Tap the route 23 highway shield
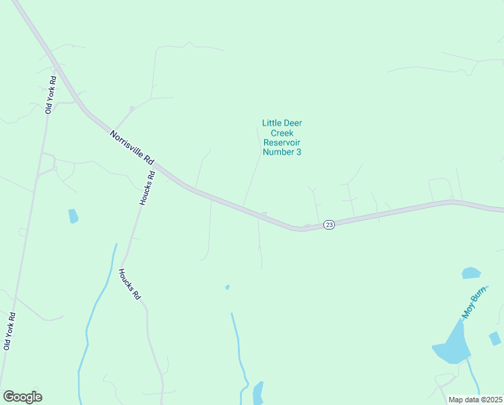point(328,225)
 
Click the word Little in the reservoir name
point(272,124)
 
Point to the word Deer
point(294,124)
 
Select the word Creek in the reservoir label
point(281,133)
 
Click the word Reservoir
point(281,142)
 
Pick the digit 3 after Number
point(298,152)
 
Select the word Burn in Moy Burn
point(478,296)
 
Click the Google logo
point(22,397)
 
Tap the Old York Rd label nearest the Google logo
point(9,330)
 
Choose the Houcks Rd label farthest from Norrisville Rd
point(129,285)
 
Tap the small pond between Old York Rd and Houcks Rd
point(73,216)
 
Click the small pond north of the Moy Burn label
point(471,273)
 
